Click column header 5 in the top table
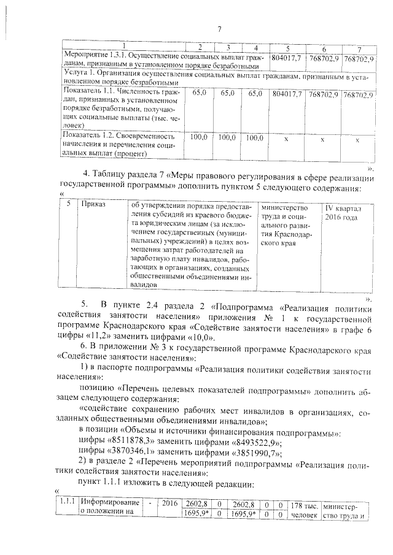pyautogui.click(x=287, y=48)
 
